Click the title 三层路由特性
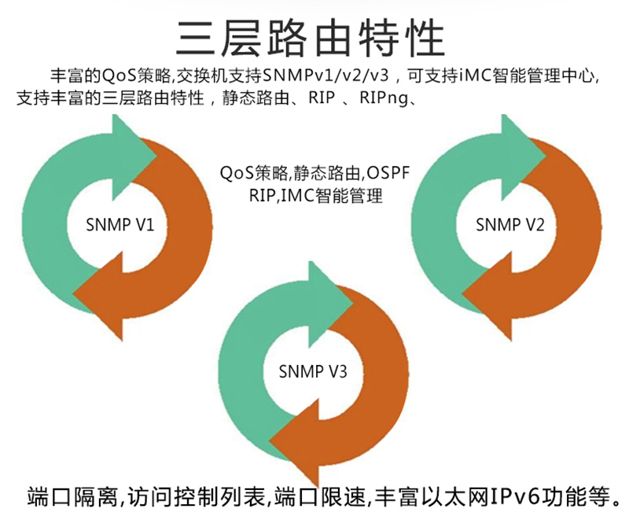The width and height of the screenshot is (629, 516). pos(311,39)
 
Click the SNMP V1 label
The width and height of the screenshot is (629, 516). pos(120,225)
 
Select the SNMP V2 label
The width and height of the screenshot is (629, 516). pos(509,225)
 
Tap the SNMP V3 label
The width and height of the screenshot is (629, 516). pos(313,371)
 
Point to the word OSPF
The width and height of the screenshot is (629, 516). pos(388,173)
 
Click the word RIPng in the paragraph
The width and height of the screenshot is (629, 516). pos(383,98)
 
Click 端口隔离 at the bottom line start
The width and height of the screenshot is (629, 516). pos(72,496)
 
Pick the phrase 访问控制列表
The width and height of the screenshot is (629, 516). pos(196,496)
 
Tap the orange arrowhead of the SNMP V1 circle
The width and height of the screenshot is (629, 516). pos(98,296)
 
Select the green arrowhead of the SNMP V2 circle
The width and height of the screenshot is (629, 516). pos(524,157)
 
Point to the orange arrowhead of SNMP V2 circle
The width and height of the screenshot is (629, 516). pos(487,296)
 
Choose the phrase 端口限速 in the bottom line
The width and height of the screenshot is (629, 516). pos(320,496)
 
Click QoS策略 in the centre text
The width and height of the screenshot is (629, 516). pos(254,173)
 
